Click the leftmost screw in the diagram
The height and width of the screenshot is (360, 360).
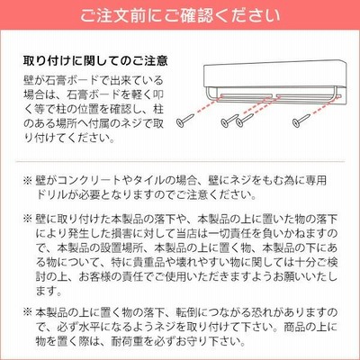point(185,119)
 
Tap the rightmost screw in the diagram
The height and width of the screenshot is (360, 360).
point(301,119)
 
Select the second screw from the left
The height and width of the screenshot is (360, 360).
point(229,120)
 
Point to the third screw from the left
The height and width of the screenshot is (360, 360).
point(245,120)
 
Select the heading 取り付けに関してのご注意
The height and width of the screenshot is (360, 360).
point(95,61)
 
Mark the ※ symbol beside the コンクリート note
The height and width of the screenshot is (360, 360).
point(27,181)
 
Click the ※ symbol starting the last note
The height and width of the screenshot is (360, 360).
point(27,312)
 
